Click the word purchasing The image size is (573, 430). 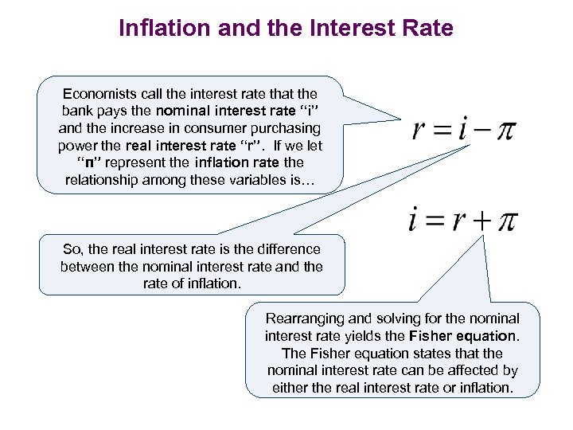[x=283, y=128]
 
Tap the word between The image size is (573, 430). [x=88, y=266]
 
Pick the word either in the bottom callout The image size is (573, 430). [x=289, y=388]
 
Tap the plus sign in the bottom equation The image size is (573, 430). [x=481, y=220]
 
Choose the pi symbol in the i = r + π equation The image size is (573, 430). [x=507, y=221]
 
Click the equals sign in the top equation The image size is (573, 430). [x=442, y=131]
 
